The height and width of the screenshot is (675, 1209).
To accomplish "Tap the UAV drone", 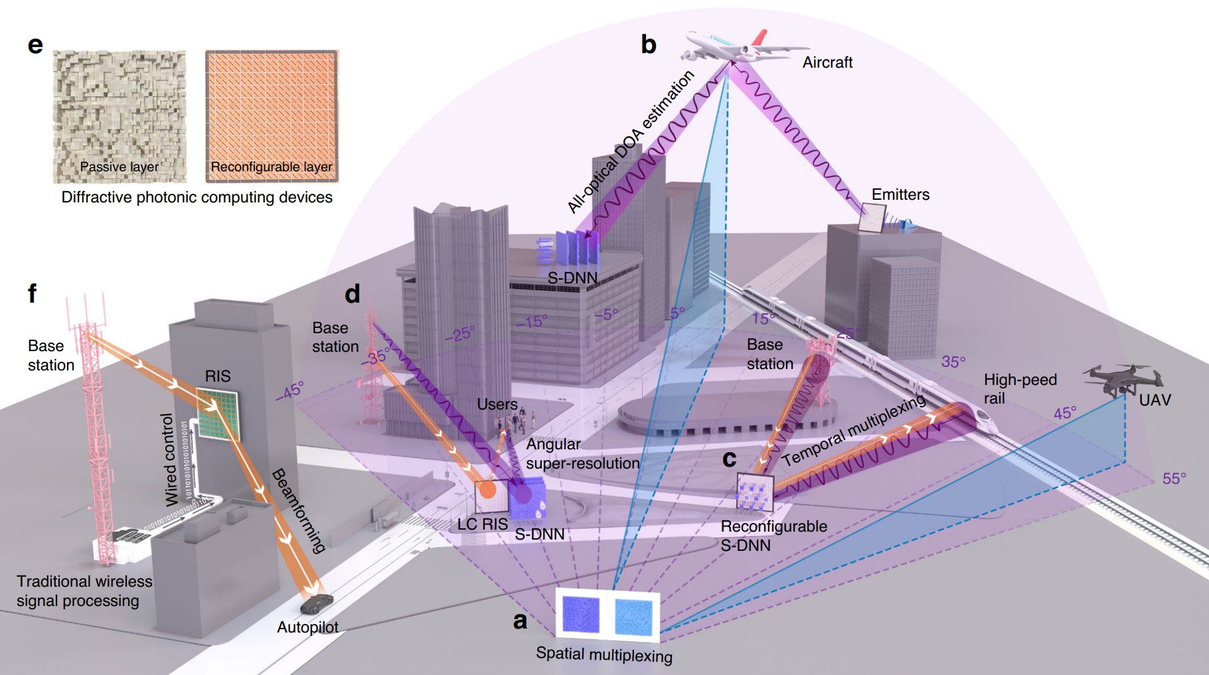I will coord(1122,379).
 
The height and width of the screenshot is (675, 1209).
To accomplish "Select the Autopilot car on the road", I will coord(316,603).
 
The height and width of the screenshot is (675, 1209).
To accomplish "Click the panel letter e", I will coord(35,44).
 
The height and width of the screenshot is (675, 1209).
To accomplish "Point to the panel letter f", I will coord(32,293).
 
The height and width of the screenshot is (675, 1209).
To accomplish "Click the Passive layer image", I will coord(120,116).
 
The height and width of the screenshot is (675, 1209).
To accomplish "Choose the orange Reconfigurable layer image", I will coord(272,116).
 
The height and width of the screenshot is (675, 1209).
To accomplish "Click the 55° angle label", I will coord(1174,479).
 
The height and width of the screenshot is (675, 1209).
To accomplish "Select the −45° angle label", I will coord(289,391).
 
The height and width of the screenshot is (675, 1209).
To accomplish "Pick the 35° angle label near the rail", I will coord(953,362).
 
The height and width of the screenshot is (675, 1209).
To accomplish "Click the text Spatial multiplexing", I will coord(604,654).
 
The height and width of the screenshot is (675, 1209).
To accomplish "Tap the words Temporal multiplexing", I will coord(853,430).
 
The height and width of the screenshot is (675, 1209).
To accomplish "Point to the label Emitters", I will coord(900,194).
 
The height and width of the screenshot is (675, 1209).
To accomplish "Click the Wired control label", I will coord(169,459).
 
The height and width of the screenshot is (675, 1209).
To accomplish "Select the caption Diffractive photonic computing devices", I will coord(197,197).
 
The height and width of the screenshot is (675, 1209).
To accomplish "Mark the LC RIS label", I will coord(482,524).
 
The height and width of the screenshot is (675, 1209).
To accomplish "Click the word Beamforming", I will coord(299,510).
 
